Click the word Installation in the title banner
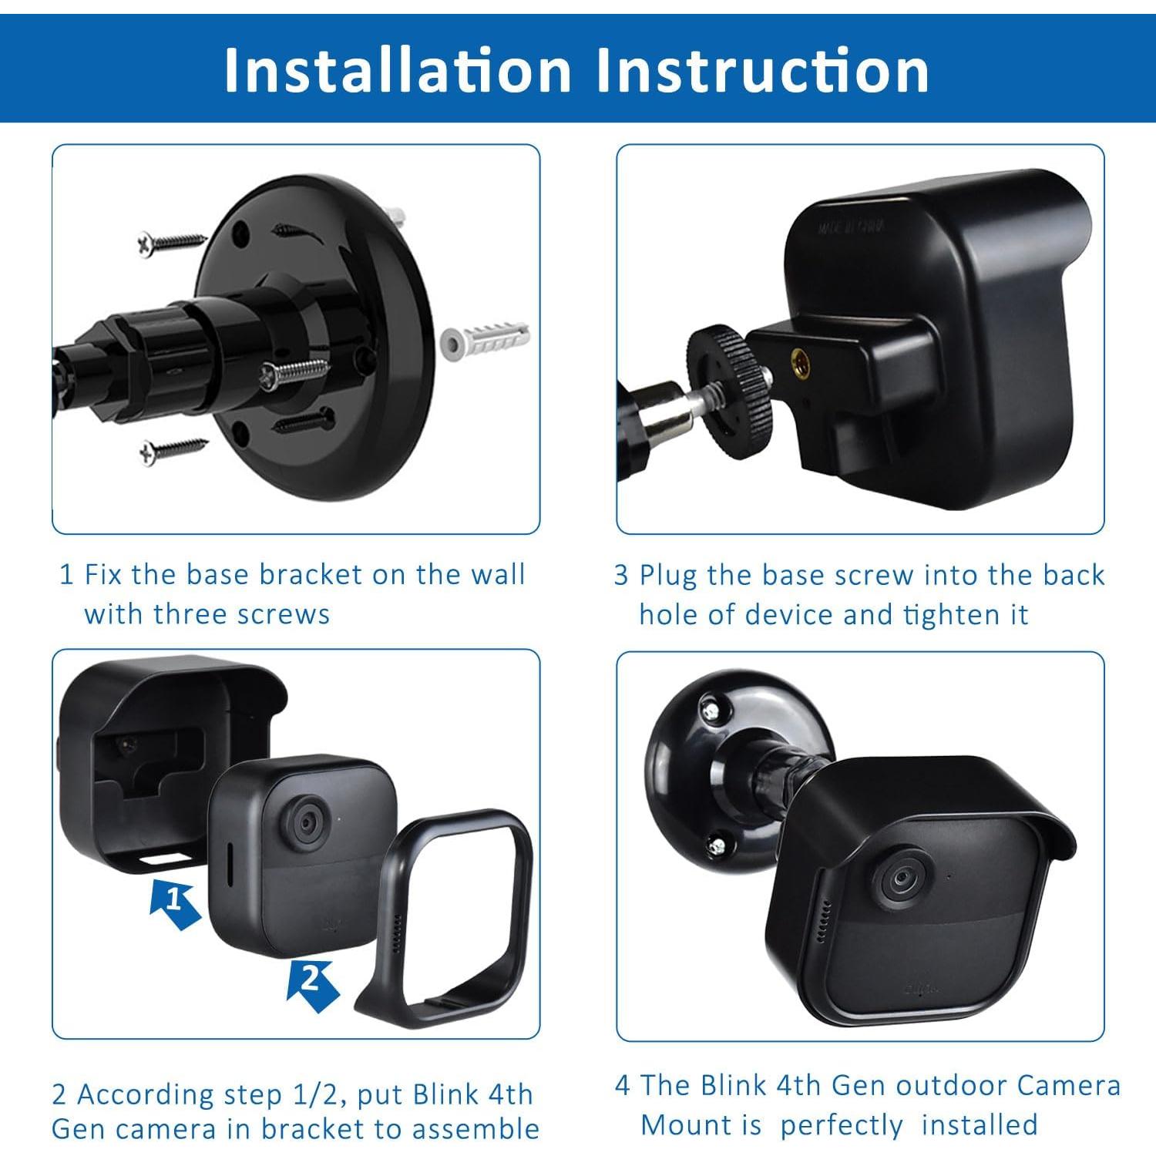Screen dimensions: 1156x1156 point(397,71)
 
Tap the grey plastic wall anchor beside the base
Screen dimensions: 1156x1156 point(484,339)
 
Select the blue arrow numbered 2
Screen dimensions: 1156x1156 point(312,983)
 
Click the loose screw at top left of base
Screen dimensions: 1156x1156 point(171,243)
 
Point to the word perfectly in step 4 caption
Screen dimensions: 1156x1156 point(840,1125)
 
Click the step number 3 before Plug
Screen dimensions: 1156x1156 point(621,576)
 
